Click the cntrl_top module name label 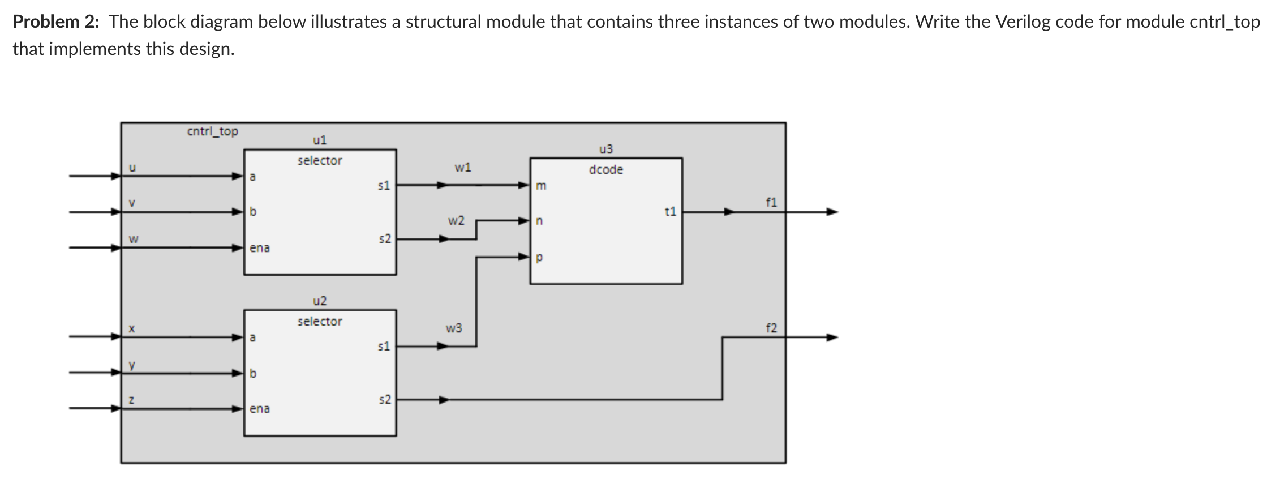click(212, 131)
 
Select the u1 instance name click(320, 140)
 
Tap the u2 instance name click(320, 301)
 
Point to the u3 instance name click(605, 149)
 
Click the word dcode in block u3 click(605, 169)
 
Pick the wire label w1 click(462, 168)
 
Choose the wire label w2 click(456, 220)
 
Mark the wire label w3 click(454, 328)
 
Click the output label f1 click(771, 202)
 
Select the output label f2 click(771, 328)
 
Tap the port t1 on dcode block click(670, 212)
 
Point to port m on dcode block click(541, 186)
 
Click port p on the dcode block click(539, 258)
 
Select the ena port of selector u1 click(260, 248)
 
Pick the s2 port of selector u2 click(384, 400)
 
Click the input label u click(132, 168)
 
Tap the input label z click(131, 400)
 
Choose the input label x click(131, 328)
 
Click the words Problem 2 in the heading click(55, 22)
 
